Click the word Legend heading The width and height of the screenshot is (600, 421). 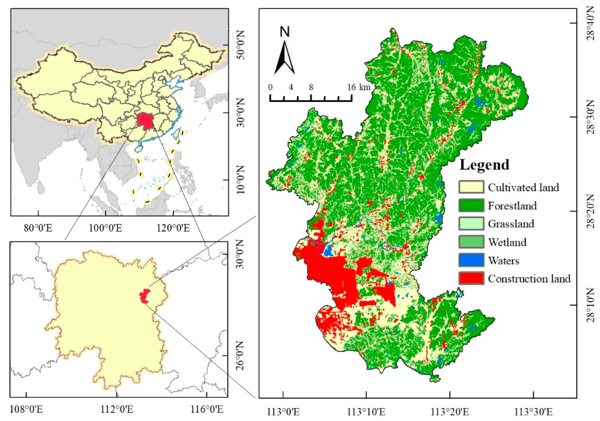484,165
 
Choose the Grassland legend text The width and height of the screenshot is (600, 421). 511,224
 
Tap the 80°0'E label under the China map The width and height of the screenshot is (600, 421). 38,228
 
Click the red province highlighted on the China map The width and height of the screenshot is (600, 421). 145,121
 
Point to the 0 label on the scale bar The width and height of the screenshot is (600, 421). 270,87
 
